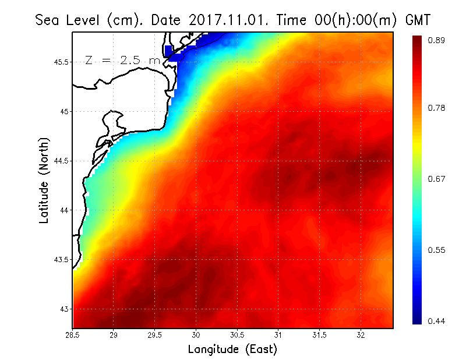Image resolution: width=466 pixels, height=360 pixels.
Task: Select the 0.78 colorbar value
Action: (437, 108)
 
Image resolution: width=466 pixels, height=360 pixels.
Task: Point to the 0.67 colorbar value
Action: (437, 179)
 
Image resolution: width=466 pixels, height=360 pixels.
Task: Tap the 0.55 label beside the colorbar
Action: (437, 250)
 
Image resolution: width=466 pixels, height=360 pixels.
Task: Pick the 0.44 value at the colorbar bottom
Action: (437, 321)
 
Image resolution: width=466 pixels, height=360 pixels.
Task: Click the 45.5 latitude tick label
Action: (61, 62)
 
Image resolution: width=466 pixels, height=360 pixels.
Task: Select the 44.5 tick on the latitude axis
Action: (61, 161)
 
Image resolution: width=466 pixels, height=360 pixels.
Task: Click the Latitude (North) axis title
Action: (44, 181)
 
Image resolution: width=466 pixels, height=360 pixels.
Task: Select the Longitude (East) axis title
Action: (232, 350)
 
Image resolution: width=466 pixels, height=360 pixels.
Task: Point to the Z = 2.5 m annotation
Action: (123, 61)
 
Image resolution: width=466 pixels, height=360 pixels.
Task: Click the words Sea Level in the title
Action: (69, 21)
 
